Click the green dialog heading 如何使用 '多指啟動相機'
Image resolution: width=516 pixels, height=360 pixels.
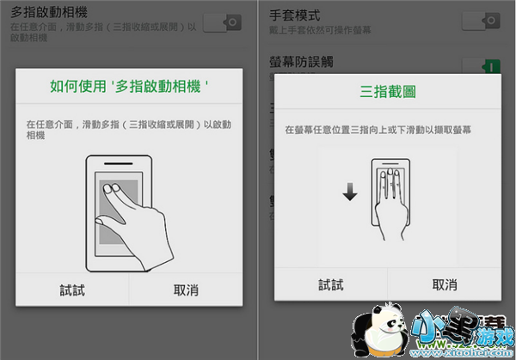pyautogui.click(x=129, y=87)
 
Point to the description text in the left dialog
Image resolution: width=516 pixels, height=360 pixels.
pyautogui.click(x=129, y=130)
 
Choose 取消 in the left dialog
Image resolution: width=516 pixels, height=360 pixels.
pyautogui.click(x=187, y=290)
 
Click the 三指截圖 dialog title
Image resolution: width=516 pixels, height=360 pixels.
pyautogui.click(x=387, y=90)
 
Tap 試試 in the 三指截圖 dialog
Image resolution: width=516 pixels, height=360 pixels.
pyautogui.click(x=330, y=284)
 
